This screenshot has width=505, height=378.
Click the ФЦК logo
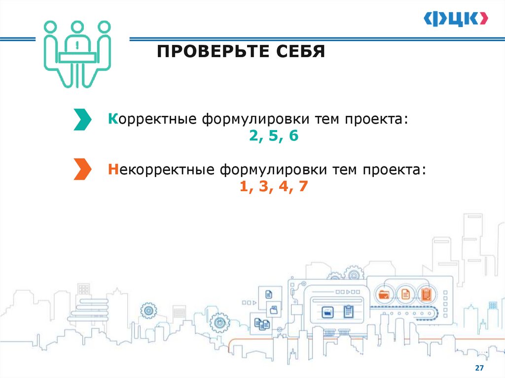[x=456, y=19]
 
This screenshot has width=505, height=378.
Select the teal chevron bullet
[x=82, y=120]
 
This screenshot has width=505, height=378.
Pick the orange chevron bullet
[x=82, y=169]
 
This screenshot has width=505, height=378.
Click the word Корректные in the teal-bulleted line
[x=153, y=120]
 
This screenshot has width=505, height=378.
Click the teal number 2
[x=254, y=137]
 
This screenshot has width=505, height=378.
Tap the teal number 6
[x=294, y=137]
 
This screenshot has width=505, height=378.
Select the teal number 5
[x=274, y=137]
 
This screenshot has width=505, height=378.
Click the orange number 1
[x=243, y=186]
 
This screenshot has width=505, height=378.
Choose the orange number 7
[x=303, y=186]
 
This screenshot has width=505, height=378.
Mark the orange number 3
[x=263, y=186]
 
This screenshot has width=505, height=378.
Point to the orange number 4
[x=284, y=186]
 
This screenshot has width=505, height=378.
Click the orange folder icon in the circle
[x=384, y=294]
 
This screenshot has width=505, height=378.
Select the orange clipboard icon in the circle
[x=426, y=294]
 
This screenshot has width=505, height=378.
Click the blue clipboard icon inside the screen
[x=348, y=311]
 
